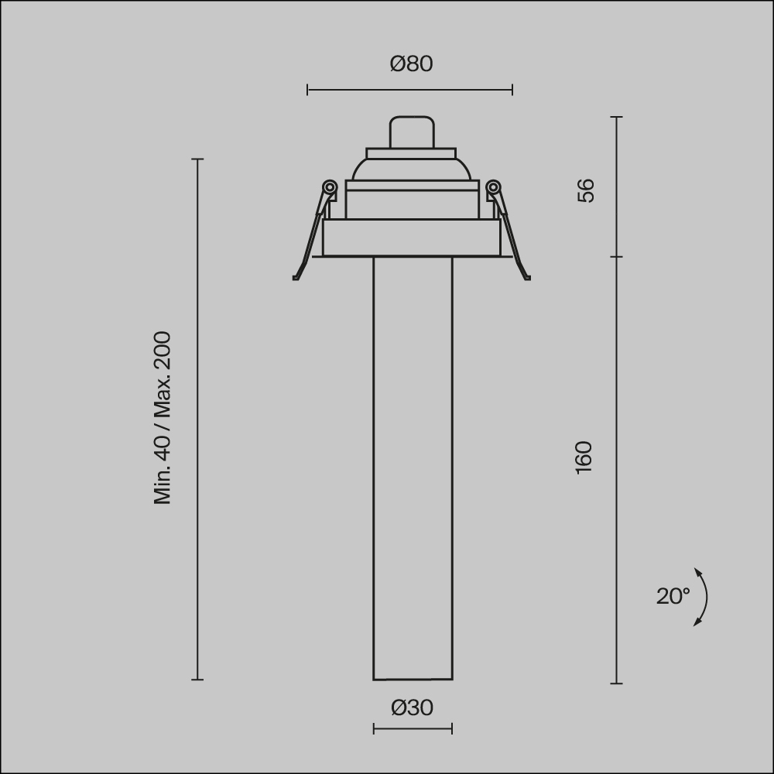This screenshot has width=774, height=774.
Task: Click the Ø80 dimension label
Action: pos(411,63)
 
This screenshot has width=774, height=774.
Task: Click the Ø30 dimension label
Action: pos(412,707)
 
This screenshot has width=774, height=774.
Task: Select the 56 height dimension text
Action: pos(586,190)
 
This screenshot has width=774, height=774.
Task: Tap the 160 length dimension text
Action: pos(584,457)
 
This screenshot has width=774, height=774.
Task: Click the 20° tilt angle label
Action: pos(672,596)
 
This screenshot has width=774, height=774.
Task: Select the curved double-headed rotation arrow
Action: pos(703,597)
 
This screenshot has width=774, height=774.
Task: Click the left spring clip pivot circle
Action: pos(329,187)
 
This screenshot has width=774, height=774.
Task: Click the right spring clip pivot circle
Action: pos(493,187)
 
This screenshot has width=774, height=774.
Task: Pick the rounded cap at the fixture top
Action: pos(411,132)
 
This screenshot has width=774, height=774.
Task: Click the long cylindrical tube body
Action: pos(413,464)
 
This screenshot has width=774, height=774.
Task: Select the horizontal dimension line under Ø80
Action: pos(409,91)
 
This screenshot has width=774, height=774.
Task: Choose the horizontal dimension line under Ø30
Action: pos(413,728)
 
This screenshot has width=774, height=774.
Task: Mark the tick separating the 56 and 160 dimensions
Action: pos(616,256)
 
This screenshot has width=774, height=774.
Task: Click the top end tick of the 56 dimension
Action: pos(616,117)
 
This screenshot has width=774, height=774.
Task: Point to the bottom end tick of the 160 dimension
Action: pos(616,683)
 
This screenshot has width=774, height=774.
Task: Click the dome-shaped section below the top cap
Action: pos(411,169)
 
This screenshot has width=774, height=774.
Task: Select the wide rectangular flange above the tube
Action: pos(411,238)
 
